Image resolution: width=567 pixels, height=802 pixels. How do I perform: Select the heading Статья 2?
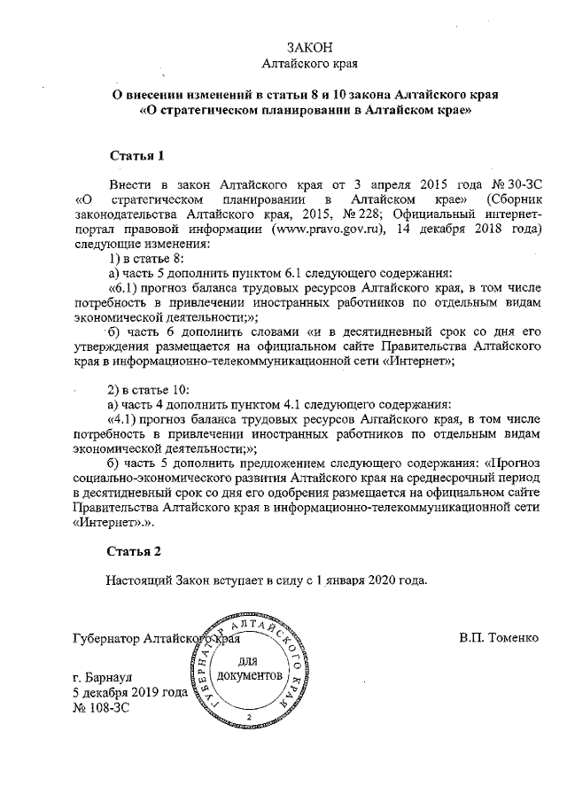136,551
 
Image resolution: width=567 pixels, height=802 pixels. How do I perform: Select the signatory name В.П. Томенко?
499,638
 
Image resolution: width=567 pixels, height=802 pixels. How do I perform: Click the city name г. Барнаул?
104,679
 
